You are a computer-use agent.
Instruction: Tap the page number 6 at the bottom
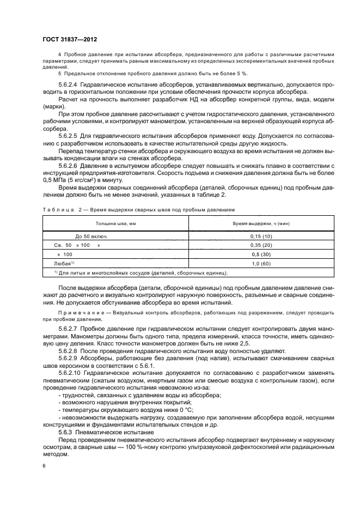[44, 466]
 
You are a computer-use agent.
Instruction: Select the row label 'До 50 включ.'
[91, 236]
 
